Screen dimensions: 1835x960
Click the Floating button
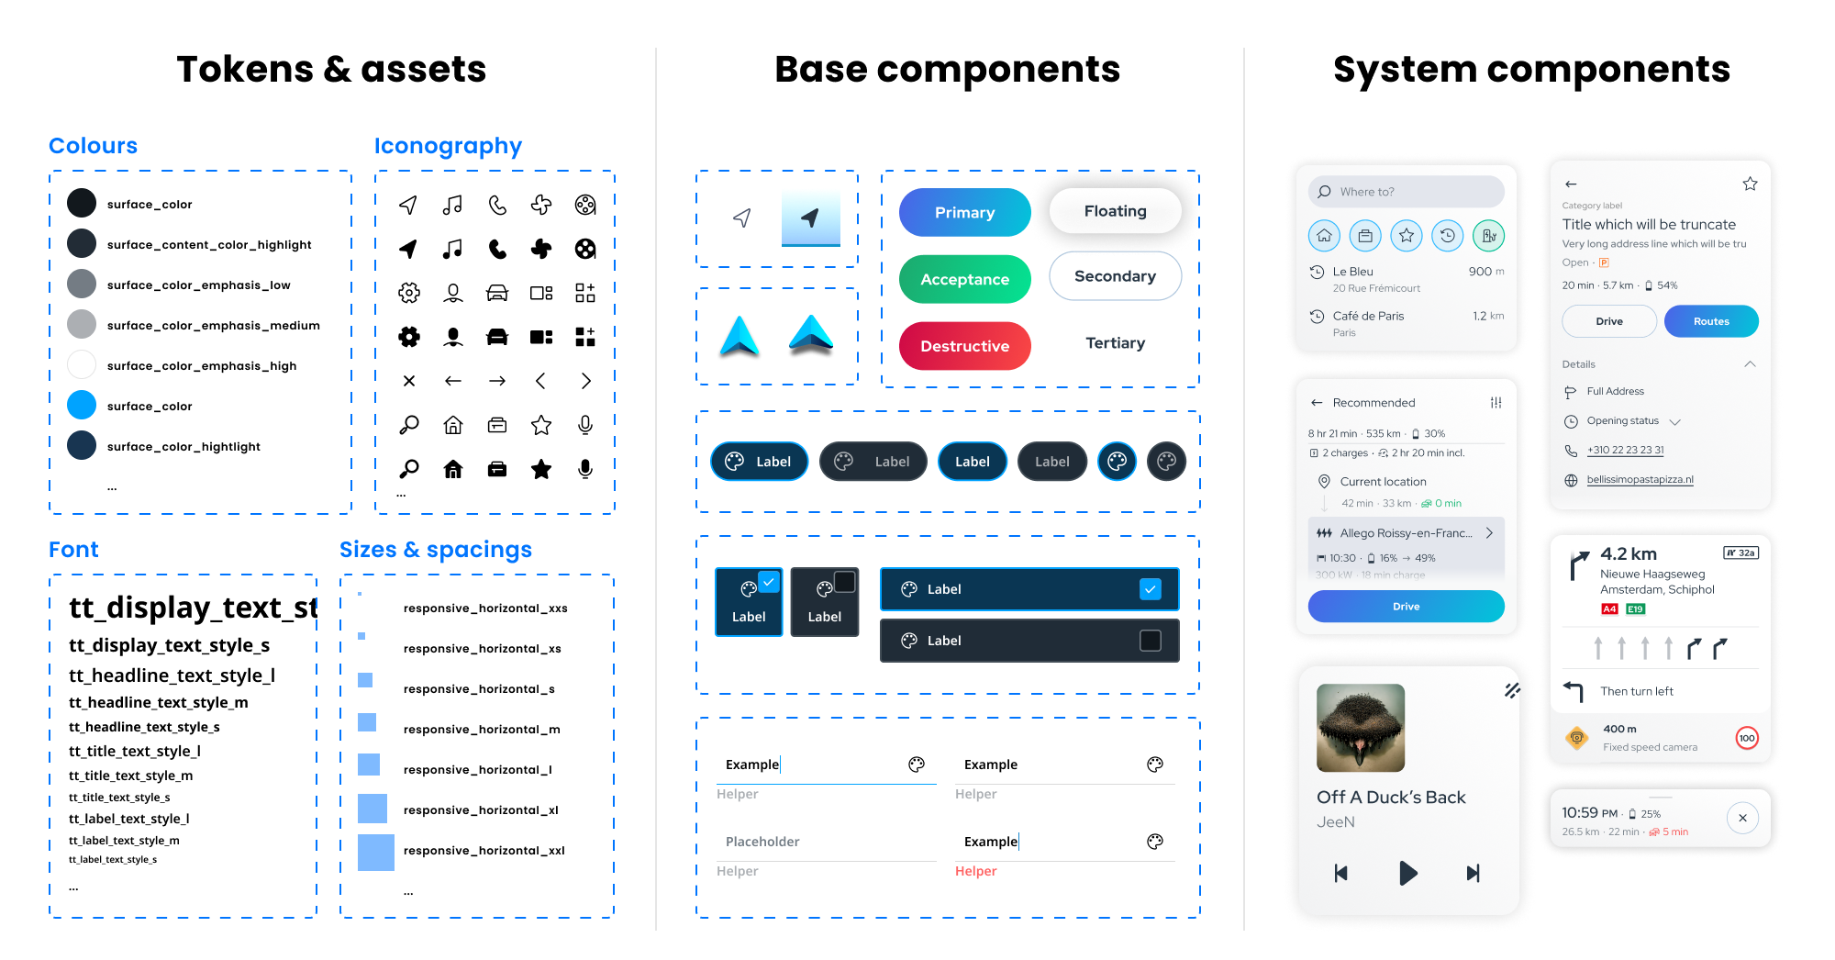click(1115, 211)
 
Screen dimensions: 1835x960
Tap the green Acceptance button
click(964, 279)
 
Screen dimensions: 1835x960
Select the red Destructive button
click(964, 346)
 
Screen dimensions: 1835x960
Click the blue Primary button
click(964, 212)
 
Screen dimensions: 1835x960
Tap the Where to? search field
click(1406, 192)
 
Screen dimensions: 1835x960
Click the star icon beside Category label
click(1750, 184)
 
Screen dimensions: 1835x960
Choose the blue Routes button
click(1711, 321)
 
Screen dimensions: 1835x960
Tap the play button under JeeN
click(1407, 873)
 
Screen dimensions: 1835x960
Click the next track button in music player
click(1473, 873)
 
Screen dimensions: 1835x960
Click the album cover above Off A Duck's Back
click(1361, 728)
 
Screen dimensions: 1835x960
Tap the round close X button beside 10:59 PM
click(1742, 818)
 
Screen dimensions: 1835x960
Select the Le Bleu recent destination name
click(1352, 272)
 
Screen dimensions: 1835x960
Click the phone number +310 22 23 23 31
click(1626, 450)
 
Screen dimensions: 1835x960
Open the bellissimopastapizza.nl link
click(1640, 479)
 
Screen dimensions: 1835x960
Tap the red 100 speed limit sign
click(1747, 738)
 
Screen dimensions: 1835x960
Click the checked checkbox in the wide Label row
click(1150, 589)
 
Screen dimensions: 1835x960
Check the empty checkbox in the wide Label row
click(1150, 641)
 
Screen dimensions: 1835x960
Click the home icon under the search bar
click(1324, 236)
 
